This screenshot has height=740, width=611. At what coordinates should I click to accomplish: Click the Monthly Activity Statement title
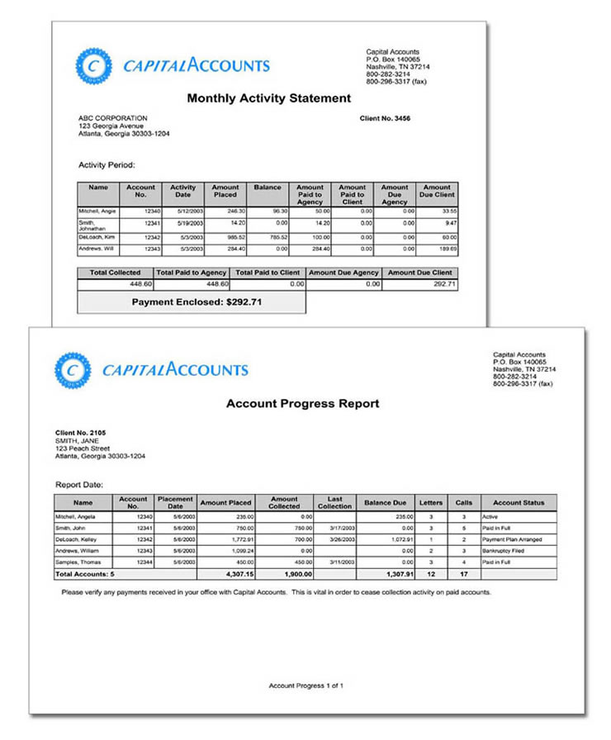tap(268, 98)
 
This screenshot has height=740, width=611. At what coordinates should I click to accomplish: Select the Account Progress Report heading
tap(303, 404)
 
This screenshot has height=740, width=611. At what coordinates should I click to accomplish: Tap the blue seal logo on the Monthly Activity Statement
tap(92, 66)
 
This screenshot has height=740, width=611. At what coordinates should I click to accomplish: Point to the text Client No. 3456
tap(385, 119)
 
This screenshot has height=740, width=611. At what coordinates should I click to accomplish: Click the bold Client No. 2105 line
tap(80, 433)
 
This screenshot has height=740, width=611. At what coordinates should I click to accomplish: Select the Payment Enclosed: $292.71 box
tap(191, 302)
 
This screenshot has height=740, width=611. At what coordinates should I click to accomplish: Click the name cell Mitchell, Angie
tap(97, 211)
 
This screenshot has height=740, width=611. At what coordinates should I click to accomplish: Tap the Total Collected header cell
tap(115, 273)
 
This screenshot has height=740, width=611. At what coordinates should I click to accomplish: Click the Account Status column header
tap(518, 502)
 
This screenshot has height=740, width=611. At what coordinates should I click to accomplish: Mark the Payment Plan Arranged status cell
tap(511, 539)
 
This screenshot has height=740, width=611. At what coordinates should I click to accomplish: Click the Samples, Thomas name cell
tap(78, 562)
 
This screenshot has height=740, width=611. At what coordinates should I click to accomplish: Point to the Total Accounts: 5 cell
tap(84, 572)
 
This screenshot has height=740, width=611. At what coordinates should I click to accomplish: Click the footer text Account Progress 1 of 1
tap(305, 685)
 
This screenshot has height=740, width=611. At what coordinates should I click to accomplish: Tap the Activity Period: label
tap(107, 165)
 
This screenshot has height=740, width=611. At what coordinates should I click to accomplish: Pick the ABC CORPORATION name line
tap(112, 118)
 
